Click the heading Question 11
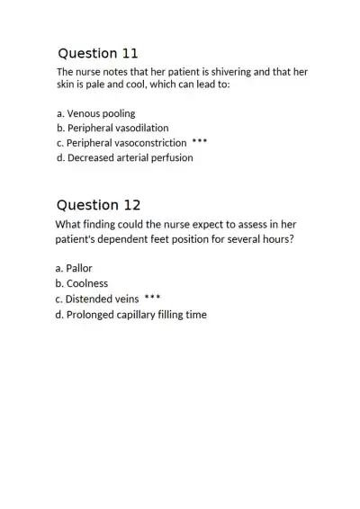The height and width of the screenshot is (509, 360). click(97, 53)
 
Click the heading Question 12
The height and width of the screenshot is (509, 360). click(98, 205)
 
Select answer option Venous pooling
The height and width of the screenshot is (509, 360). click(95, 113)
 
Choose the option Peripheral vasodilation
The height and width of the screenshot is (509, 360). click(112, 128)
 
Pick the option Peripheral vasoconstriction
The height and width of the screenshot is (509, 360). click(121, 142)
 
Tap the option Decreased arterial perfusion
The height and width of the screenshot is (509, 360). click(124, 157)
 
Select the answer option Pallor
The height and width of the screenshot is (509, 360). click(74, 268)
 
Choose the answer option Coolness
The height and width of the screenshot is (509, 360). click(81, 283)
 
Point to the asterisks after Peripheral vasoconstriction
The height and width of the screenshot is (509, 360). click(200, 141)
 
